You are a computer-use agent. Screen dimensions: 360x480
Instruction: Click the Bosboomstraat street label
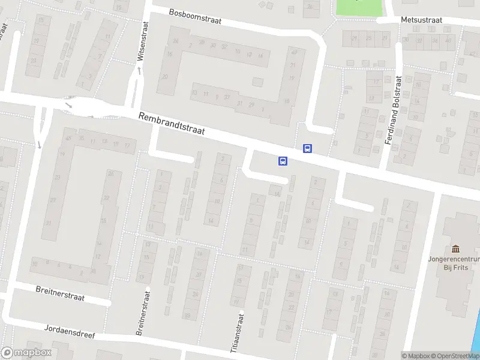pyautogui.click(x=195, y=16)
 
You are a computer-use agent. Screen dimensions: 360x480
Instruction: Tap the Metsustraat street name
pyautogui.click(x=421, y=20)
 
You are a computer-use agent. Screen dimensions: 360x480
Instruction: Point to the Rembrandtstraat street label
pyautogui.click(x=172, y=125)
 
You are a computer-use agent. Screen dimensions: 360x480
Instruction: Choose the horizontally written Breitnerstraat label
pyautogui.click(x=60, y=294)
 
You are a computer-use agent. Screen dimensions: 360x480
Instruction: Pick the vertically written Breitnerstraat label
pyautogui.click(x=143, y=314)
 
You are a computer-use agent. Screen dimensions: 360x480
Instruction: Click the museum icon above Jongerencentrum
pyautogui.click(x=455, y=249)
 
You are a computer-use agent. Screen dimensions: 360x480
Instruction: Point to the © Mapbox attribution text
pyautogui.click(x=416, y=356)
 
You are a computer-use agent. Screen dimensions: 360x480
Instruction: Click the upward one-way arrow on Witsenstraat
pyautogui.click(x=139, y=71)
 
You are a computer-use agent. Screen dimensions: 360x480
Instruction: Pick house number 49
pyautogui.click(x=294, y=52)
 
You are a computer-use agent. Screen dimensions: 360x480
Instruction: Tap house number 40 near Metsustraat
pyautogui.click(x=448, y=40)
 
